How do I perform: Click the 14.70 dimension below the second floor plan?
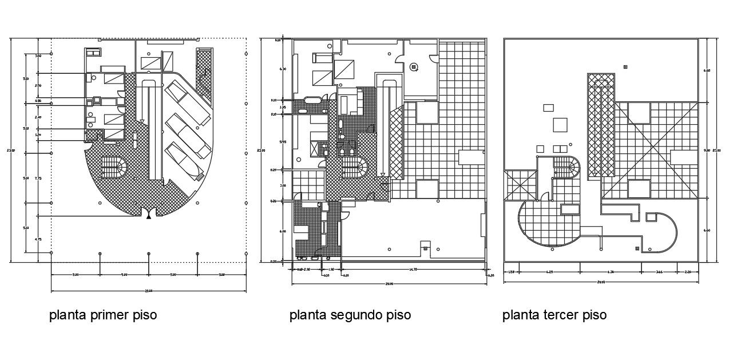(x=412, y=268)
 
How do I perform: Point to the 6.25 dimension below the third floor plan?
(x=549, y=272)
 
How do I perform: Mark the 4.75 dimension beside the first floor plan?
(x=38, y=239)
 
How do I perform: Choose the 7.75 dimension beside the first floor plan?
(x=38, y=179)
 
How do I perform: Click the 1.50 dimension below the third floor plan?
(x=512, y=272)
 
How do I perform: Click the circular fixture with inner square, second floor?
(x=414, y=67)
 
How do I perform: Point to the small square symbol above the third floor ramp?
(x=625, y=67)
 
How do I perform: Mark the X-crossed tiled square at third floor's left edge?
(x=520, y=184)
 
